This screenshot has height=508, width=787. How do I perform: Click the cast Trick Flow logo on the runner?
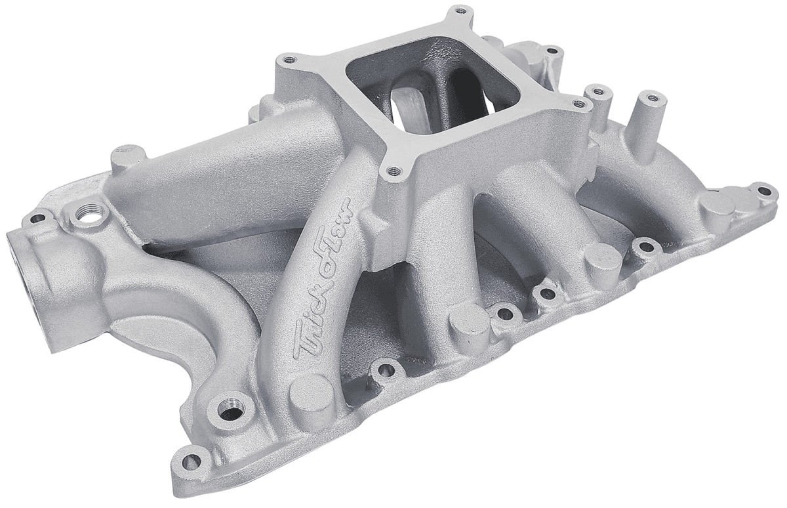tap(324, 279)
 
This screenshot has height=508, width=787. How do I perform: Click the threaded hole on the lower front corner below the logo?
tap(230, 413)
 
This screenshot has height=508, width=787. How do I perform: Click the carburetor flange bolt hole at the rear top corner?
tap(462, 11)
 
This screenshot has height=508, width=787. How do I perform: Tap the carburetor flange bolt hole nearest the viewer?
tap(393, 172)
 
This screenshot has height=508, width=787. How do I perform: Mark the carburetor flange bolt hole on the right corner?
tap(578, 103)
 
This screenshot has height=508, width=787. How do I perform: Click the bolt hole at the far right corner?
tap(763, 192)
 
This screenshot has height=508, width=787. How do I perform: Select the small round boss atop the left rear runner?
tap(126, 158)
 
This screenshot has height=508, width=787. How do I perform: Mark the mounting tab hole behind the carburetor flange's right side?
tap(553, 51)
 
